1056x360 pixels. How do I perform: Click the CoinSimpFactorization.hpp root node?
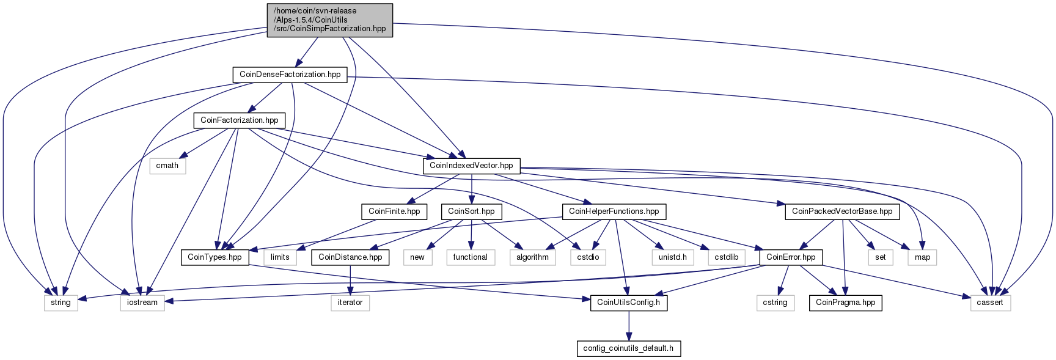coord(330,20)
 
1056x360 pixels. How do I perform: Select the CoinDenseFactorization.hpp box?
coord(290,75)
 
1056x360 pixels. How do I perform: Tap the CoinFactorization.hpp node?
coord(239,120)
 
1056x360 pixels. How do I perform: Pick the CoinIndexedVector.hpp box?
coord(471,166)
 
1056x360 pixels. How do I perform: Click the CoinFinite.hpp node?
coord(394,211)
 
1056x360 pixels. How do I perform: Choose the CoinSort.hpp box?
coord(471,211)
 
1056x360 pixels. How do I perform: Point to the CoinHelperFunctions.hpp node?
coord(614,211)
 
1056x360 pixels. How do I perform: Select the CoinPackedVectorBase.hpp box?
coord(842,211)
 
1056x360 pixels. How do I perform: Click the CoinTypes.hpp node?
coord(215,257)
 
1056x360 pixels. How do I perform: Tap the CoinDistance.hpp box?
coord(350,257)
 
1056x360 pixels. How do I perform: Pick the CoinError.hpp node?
coord(791,257)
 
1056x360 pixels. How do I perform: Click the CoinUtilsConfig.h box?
coord(628,303)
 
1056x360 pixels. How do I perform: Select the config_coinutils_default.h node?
coord(628,348)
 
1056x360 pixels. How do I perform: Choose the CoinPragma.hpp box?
coord(845,303)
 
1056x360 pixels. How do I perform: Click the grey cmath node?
coord(167,166)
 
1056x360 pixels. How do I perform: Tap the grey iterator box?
coord(350,303)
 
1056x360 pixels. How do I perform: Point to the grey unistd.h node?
coord(673,257)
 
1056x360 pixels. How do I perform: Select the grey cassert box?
coord(990,303)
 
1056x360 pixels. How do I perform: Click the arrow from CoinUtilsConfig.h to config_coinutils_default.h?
coord(628,326)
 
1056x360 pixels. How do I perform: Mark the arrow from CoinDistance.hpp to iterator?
coord(350,280)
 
